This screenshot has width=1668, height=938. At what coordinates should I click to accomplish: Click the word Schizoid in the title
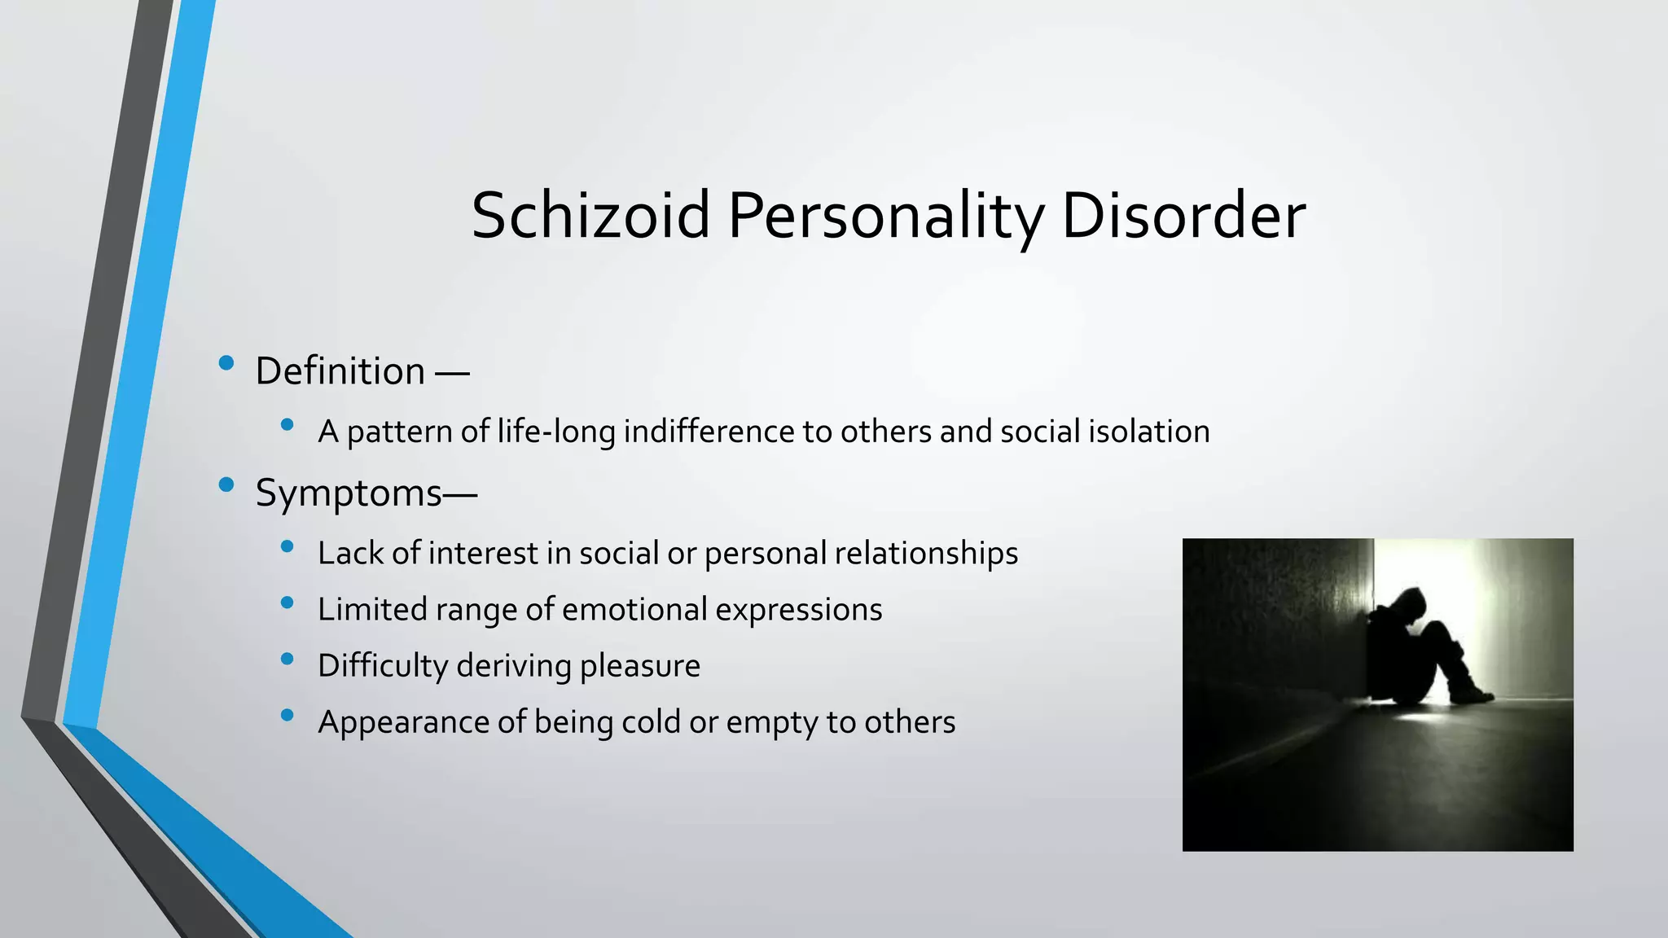[x=590, y=216]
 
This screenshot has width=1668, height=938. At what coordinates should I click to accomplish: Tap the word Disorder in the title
[x=1183, y=216]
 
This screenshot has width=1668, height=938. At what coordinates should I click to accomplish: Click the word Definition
[x=340, y=371]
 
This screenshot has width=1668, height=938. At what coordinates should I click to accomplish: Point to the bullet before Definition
[x=226, y=363]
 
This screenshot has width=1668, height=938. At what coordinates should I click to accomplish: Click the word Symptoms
[x=349, y=493]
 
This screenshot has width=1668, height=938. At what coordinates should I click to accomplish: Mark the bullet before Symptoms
[x=226, y=485]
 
